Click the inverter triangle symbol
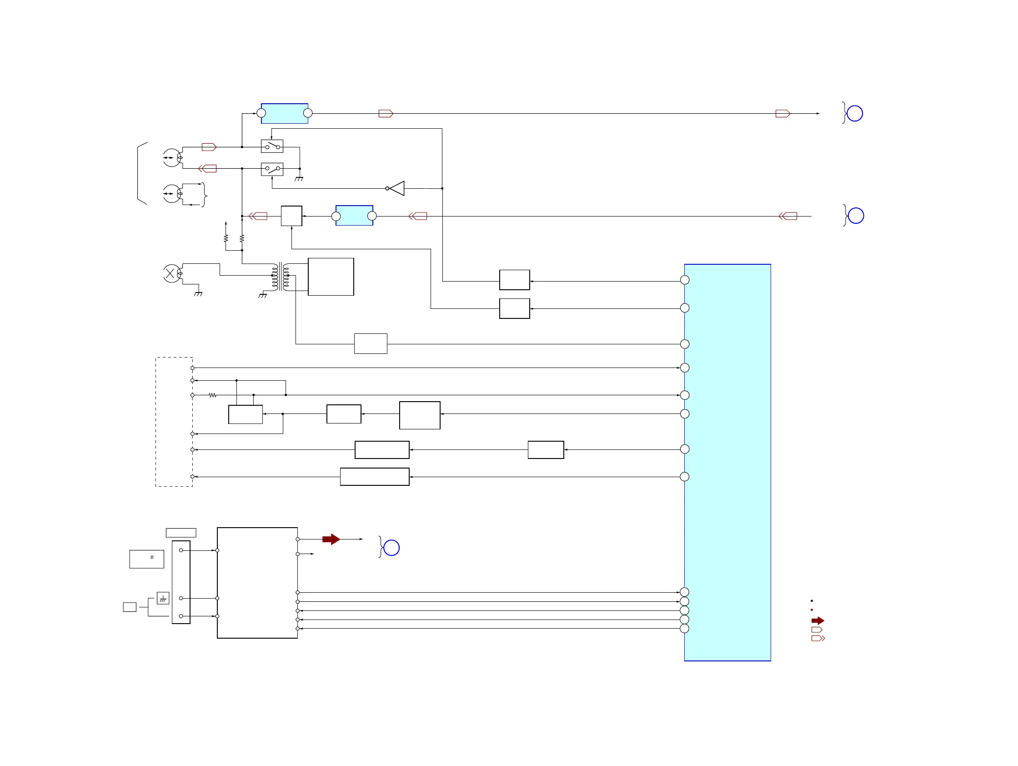click(x=397, y=188)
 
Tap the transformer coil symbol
click(x=280, y=277)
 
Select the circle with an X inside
click(x=172, y=274)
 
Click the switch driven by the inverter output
click(x=272, y=169)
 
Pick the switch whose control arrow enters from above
click(x=272, y=146)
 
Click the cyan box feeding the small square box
click(x=354, y=216)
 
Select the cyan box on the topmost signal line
click(x=285, y=113)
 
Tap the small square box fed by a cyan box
click(x=291, y=216)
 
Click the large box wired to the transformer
click(x=331, y=277)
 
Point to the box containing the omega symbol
click(x=146, y=559)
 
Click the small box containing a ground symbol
click(x=163, y=598)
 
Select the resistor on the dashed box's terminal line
click(x=212, y=395)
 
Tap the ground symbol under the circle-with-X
click(x=198, y=294)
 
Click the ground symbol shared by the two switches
click(x=299, y=179)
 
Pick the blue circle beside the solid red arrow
click(x=391, y=548)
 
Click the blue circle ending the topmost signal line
click(x=855, y=113)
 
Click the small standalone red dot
click(x=812, y=610)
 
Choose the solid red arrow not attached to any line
click(x=817, y=620)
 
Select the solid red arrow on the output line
click(x=331, y=539)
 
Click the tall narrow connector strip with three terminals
click(x=181, y=582)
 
